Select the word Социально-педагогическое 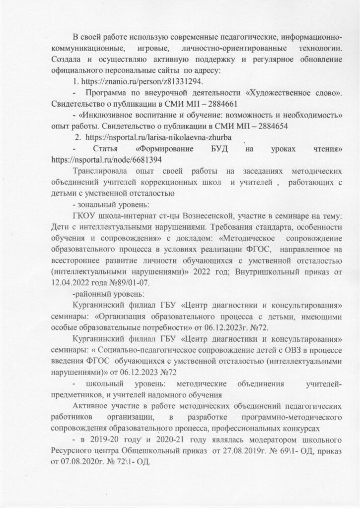(x=134, y=349)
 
